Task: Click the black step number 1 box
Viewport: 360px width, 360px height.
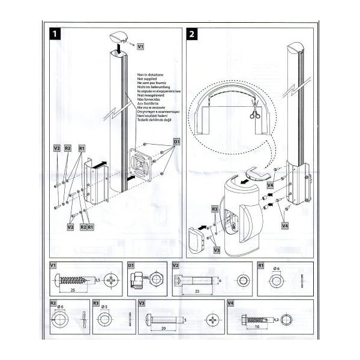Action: tap(54, 34)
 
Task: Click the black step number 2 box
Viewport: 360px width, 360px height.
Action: tap(191, 34)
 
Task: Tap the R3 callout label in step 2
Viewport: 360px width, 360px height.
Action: tap(215, 208)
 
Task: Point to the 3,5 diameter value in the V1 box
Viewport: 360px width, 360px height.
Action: tap(97, 280)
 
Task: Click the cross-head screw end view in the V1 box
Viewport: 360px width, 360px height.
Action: tap(113, 280)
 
